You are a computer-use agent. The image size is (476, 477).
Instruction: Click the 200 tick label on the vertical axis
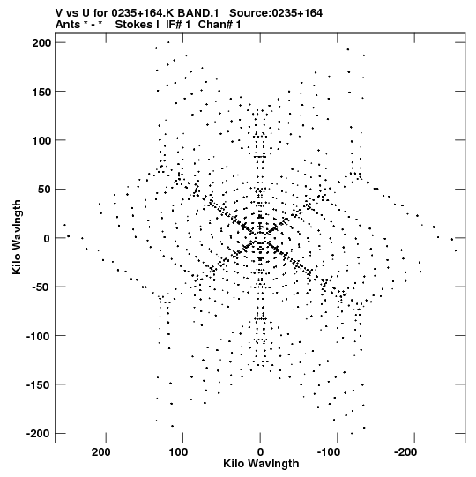tap(41, 43)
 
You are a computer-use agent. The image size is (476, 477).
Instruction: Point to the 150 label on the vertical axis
tap(41, 92)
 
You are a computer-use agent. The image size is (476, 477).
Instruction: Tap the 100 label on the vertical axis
tap(41, 141)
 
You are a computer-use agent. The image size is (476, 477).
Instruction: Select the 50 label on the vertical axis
tap(45, 190)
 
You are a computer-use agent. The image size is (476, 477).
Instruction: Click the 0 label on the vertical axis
tap(47, 238)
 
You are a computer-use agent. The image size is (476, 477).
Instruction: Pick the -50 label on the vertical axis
tap(41, 287)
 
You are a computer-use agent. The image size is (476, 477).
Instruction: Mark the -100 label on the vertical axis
tap(39, 337)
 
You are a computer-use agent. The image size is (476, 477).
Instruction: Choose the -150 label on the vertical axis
tap(39, 385)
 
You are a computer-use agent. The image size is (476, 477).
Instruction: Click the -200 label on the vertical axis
tap(39, 434)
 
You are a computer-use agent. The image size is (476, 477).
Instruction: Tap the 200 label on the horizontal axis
tap(101, 452)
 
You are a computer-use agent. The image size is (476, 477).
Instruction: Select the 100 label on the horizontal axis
tap(178, 452)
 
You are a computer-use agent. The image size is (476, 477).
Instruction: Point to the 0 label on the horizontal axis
tap(260, 452)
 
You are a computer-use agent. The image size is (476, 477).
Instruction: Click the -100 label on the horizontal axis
tap(329, 452)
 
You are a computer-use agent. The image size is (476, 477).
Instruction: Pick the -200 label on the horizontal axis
tap(405, 452)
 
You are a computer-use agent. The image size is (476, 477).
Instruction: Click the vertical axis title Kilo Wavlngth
tap(17, 237)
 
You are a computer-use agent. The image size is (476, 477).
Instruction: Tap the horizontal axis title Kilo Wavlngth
tap(261, 464)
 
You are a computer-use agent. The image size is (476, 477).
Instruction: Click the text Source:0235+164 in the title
tap(276, 13)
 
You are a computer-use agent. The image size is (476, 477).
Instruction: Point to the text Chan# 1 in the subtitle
tap(219, 25)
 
